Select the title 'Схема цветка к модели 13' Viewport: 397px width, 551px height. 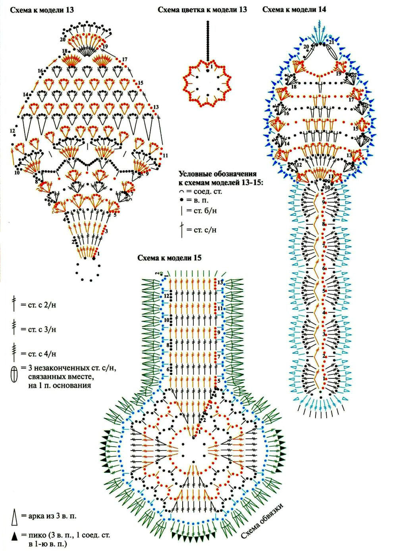click(202, 10)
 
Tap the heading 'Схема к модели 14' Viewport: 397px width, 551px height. click(294, 10)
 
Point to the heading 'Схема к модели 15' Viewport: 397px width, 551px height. click(170, 258)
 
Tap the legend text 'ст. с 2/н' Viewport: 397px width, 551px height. click(39, 306)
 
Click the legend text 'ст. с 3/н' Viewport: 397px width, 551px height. click(39, 329)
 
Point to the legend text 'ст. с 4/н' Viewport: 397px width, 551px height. click(39, 353)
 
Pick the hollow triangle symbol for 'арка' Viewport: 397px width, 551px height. click(15, 516)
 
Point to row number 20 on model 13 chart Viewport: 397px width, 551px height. click(63, 39)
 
